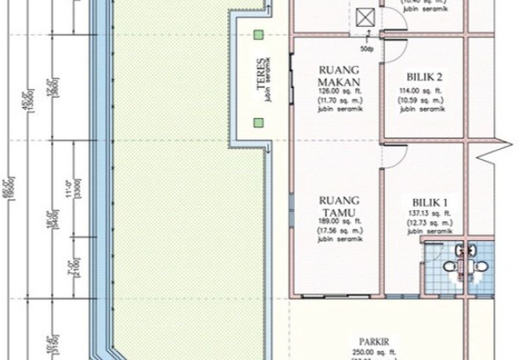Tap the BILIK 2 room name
[x=423, y=76]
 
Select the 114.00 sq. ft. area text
[x=423, y=91]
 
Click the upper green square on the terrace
[x=259, y=35]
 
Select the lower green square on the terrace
[x=259, y=122]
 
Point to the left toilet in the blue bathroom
[x=449, y=266]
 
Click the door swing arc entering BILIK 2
[x=396, y=24]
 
